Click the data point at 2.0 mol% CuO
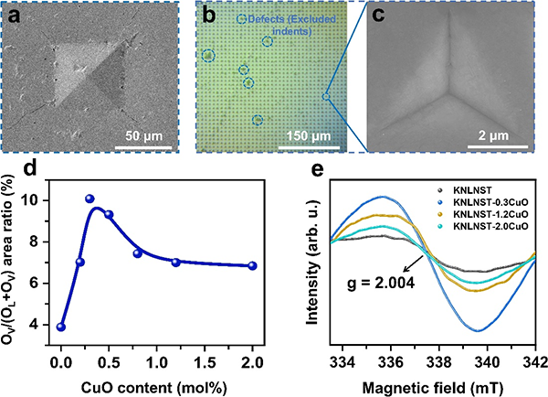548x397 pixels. point(252,265)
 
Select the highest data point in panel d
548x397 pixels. point(90,198)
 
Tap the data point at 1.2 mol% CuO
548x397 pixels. point(175,263)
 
